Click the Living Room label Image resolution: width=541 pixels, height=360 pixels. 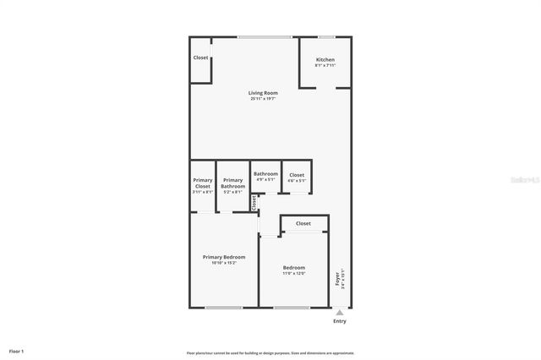(x=263, y=93)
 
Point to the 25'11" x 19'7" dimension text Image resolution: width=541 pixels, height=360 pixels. (x=263, y=99)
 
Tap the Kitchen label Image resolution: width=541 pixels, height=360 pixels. (x=325, y=60)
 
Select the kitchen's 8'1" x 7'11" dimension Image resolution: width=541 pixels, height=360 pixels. (x=325, y=66)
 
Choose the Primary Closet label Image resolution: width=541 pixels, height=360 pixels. (x=203, y=183)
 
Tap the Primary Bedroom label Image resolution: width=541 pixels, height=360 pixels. (x=224, y=257)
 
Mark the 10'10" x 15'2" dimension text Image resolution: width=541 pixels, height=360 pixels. (x=224, y=263)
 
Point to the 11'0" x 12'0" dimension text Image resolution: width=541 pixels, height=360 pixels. (x=294, y=273)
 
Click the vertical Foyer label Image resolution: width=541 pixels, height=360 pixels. (x=338, y=278)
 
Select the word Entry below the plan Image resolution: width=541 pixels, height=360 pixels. (x=340, y=321)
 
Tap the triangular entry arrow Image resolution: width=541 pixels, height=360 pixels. (x=340, y=313)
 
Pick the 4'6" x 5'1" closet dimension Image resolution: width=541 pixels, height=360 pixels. (x=297, y=180)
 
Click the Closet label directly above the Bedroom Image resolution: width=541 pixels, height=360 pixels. (x=303, y=224)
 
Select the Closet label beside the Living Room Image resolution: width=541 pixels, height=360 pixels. (x=200, y=57)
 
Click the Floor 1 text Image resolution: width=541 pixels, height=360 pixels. (x=17, y=351)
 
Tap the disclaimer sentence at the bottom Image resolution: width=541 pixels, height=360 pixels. (x=270, y=353)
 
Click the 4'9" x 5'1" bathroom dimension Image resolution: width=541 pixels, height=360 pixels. (x=265, y=179)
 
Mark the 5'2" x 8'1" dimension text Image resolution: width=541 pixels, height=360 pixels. (x=232, y=192)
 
